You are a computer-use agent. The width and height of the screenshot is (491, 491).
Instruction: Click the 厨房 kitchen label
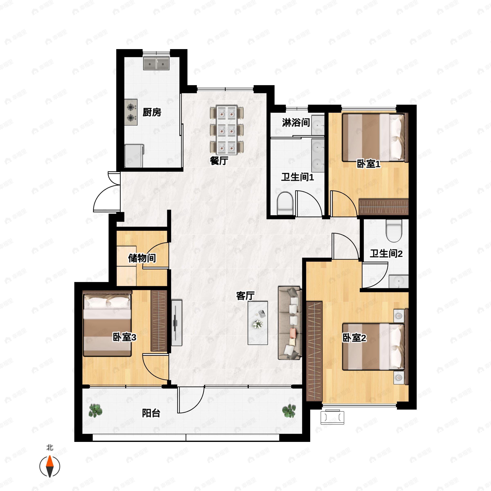point(152,112)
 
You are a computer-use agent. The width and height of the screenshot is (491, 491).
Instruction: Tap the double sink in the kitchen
point(156,63)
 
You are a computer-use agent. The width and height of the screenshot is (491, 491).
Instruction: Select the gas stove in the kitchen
point(131,112)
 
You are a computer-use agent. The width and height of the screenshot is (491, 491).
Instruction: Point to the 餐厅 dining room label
point(219,161)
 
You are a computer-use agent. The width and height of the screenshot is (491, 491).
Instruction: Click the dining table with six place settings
point(227,130)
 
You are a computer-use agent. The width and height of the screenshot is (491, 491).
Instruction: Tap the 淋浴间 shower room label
point(296,123)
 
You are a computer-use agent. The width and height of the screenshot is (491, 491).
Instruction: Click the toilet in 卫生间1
point(285,204)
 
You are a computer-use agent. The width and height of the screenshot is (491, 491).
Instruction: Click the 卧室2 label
point(354,338)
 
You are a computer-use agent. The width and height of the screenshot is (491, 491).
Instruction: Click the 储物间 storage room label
point(142,258)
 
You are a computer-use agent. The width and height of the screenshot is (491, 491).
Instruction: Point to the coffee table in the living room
point(258,323)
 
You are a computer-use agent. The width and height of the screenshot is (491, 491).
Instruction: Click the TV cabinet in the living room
point(177,323)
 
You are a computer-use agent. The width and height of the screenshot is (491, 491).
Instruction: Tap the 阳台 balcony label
point(151,413)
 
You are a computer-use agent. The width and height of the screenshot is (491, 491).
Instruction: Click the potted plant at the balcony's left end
point(95,411)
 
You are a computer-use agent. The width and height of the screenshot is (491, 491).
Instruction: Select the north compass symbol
point(50,466)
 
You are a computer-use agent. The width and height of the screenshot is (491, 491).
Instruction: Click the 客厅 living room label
point(245,296)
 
